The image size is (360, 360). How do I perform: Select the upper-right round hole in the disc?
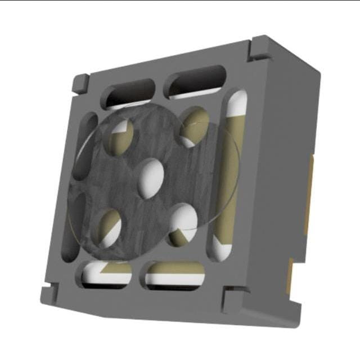pos(195,126)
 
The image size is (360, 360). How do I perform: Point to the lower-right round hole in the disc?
pos(183,224)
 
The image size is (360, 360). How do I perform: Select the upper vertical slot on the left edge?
pos(85,147)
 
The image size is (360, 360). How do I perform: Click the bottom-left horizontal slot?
pos(107,273)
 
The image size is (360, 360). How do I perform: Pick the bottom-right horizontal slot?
pos(174,274)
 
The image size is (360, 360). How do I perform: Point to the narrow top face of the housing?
pos(169,56)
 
